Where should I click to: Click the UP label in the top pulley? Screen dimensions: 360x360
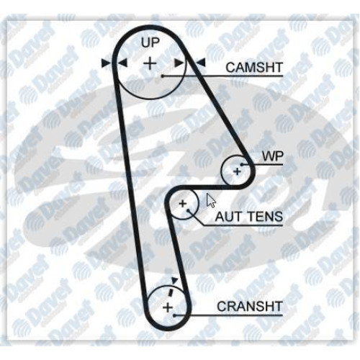[150, 42]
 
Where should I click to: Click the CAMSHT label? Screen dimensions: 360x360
[254, 68]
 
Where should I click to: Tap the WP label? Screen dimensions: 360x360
[273, 156]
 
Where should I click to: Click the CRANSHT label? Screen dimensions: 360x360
[250, 307]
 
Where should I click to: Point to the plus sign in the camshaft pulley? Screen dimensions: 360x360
[150, 63]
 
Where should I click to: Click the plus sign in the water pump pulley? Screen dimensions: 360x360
[238, 171]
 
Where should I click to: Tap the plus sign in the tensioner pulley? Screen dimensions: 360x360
[183, 204]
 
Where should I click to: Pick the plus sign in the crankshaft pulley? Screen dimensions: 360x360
[168, 307]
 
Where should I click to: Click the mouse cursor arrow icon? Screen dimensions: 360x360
[211, 200]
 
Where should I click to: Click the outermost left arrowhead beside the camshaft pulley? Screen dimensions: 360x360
[106, 63]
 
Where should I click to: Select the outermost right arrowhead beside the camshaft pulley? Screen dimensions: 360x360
[201, 63]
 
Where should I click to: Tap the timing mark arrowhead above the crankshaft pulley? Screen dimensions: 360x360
[174, 280]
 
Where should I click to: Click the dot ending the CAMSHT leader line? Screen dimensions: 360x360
[163, 76]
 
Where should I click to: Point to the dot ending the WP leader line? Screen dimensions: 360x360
[242, 165]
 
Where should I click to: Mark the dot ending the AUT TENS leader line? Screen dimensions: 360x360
[189, 210]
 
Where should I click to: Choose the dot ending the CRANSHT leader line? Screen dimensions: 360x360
[175, 315]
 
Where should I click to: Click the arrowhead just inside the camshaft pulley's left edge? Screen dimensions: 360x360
[122, 63]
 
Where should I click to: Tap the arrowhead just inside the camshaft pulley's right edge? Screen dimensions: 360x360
[179, 63]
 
